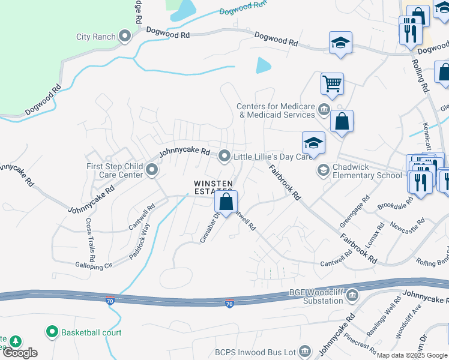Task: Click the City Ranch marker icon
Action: (x=125, y=37)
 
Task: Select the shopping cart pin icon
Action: (x=332, y=84)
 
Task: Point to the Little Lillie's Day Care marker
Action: (x=224, y=157)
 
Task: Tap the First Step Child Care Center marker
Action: (x=152, y=171)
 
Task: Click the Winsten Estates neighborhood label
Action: (x=212, y=187)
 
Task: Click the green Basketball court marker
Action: (x=52, y=332)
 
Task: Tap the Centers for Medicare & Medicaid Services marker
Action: (x=324, y=109)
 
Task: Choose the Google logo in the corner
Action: (x=20, y=353)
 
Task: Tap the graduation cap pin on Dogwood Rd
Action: (x=340, y=42)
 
